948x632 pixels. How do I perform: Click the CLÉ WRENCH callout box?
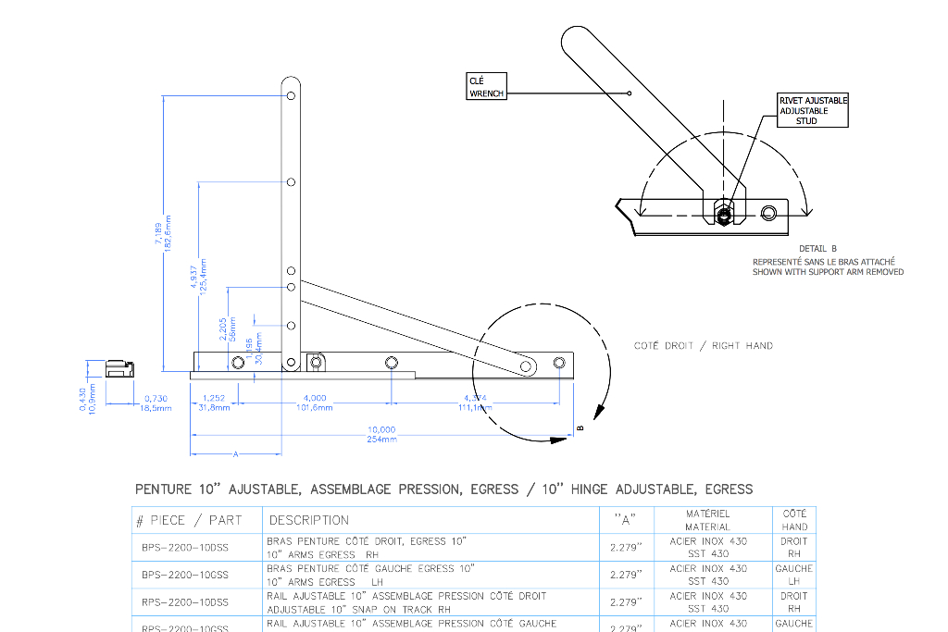(486, 87)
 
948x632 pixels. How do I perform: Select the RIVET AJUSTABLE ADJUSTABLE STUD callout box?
(812, 110)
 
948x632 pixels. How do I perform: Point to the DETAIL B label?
(817, 249)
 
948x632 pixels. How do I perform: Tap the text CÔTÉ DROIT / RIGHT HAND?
(704, 346)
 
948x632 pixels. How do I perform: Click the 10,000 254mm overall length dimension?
(381, 433)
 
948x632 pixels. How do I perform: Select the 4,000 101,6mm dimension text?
(315, 403)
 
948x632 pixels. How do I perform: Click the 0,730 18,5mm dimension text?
(157, 403)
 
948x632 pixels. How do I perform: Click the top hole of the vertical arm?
(291, 94)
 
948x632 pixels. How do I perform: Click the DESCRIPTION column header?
(309, 520)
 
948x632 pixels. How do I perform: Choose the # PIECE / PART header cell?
(189, 520)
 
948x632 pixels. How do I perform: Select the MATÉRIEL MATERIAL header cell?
(708, 520)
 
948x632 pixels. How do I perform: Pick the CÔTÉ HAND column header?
(794, 520)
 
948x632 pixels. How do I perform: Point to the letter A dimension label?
(235, 454)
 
